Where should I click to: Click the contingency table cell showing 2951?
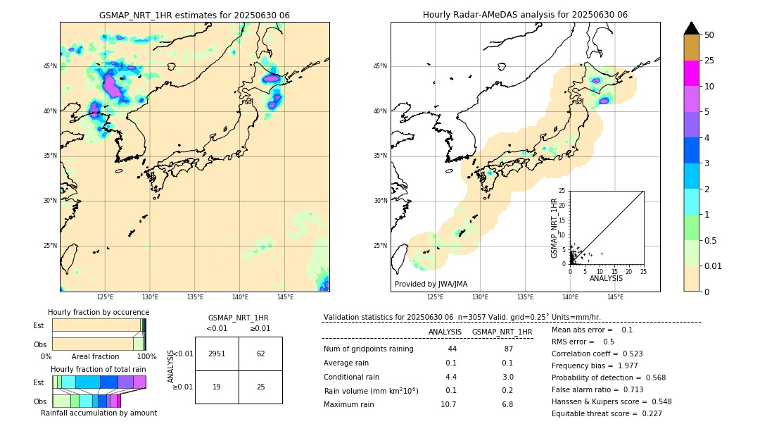tap(217, 354)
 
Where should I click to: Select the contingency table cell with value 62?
tap(260, 354)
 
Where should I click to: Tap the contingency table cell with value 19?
tap(217, 387)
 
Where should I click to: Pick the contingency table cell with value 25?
tap(260, 387)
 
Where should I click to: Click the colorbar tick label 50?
tap(709, 35)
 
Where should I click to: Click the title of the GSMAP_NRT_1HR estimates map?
tap(194, 15)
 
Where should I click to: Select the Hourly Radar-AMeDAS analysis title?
tap(525, 15)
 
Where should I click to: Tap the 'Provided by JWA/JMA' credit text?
tap(431, 284)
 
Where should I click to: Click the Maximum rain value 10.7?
tap(448, 404)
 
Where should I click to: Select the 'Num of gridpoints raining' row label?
tap(368, 349)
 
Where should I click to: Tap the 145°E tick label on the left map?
tap(285, 297)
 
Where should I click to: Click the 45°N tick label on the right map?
tap(380, 66)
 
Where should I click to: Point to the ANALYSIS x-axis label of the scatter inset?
tap(607, 279)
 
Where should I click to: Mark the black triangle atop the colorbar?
tap(692, 28)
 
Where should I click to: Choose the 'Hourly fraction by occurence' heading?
tap(99, 312)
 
